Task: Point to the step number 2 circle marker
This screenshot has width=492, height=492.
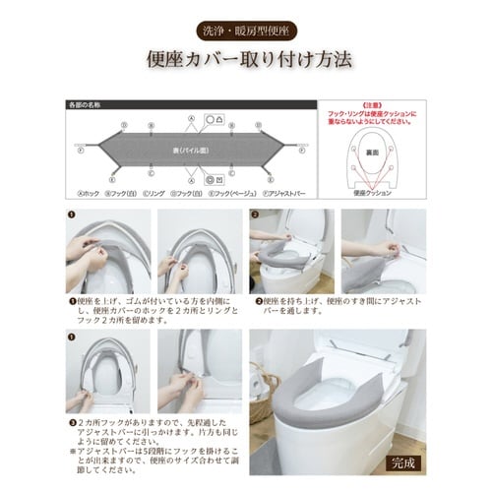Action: pos(254,214)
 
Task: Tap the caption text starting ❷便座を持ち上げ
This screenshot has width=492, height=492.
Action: pos(335,306)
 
